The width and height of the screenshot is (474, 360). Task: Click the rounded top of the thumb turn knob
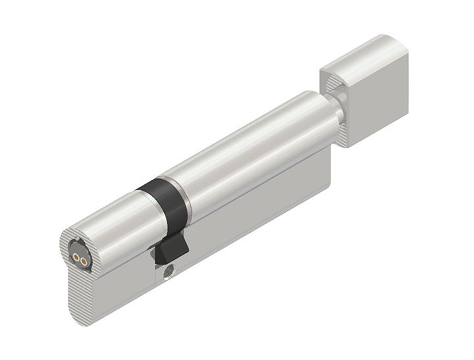pyautogui.click(x=365, y=53)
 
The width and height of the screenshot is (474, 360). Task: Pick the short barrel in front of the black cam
pyautogui.click(x=112, y=220)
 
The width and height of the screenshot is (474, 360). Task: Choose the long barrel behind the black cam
pyautogui.click(x=250, y=151)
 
